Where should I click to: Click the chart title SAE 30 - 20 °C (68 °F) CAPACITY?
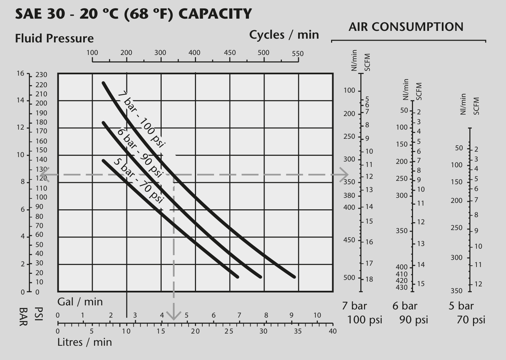tap(133, 14)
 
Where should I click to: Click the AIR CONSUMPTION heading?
tap(406, 27)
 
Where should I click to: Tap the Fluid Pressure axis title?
tap(54, 38)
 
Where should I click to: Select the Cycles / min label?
tap(284, 35)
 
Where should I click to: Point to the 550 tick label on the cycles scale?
tap(297, 54)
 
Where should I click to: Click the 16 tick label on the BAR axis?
tap(20, 73)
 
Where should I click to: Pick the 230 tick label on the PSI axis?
tap(41, 75)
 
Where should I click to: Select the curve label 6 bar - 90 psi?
tap(140, 153)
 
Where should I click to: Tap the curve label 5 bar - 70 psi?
tap(138, 181)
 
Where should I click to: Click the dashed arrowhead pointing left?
tap(45, 175)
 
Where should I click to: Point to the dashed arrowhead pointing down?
tap(174, 316)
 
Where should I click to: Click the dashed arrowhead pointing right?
tap(344, 175)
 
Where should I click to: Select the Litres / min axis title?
tap(85, 342)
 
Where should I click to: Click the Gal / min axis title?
tap(80, 302)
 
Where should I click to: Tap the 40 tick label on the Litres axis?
tap(333, 331)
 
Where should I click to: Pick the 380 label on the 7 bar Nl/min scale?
tap(349, 195)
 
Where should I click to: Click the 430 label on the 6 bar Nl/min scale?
tap(402, 287)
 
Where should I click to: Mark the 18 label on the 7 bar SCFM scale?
tap(369, 279)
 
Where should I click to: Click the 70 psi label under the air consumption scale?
tap(471, 320)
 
